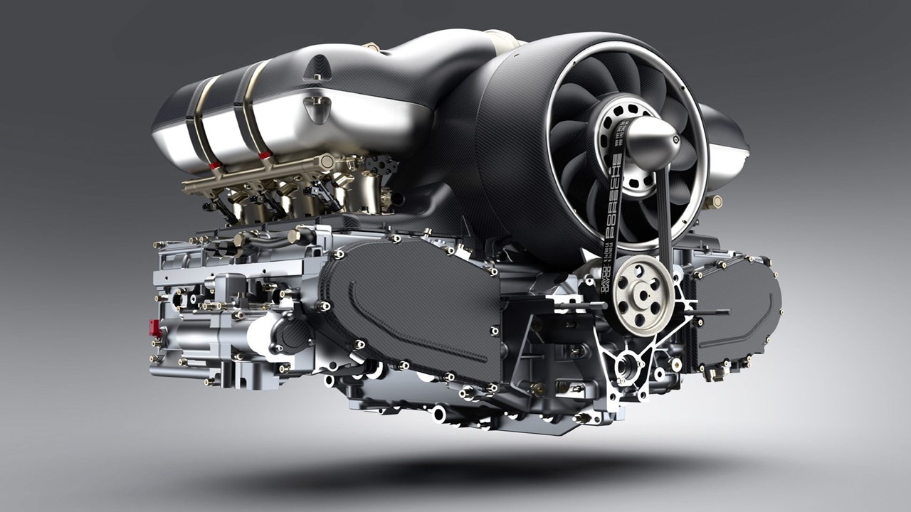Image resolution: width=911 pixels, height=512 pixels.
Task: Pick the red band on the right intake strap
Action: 264,154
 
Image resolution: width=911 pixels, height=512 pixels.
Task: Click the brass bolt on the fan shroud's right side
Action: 712,202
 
